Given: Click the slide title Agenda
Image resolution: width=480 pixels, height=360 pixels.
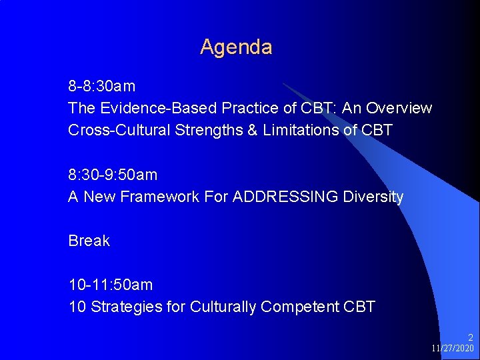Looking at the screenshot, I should click(236, 47).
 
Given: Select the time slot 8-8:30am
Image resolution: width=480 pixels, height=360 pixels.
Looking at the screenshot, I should click(101, 86).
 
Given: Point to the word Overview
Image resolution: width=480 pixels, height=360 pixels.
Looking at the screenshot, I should click(399, 108).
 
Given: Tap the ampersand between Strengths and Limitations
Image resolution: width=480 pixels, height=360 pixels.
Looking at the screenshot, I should click(252, 130).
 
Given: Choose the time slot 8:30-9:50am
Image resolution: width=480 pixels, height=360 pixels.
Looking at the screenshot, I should click(113, 175).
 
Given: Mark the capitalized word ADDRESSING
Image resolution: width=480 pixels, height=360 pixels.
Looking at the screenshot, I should click(286, 197).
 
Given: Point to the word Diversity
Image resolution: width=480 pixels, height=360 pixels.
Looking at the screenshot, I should click(373, 197).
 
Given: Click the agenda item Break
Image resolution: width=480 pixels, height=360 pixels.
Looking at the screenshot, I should click(89, 241).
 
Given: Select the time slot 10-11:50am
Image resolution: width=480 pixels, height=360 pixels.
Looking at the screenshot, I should click(110, 285).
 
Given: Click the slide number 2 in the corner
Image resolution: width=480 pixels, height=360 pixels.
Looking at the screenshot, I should click(470, 338).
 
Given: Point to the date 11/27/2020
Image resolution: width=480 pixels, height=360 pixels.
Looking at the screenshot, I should click(452, 349).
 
